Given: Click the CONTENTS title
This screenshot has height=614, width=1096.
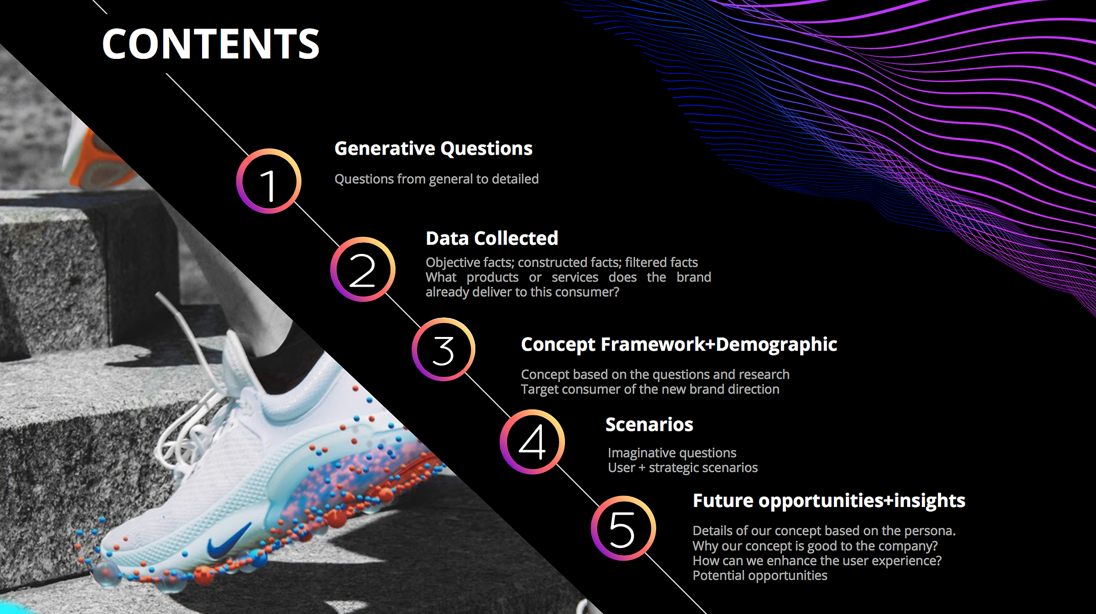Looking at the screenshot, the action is click(210, 44).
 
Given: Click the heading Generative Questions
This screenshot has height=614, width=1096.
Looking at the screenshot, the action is click(433, 149).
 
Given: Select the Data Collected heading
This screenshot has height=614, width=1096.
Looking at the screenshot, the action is click(492, 238).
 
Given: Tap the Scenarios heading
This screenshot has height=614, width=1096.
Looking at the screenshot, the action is click(649, 425).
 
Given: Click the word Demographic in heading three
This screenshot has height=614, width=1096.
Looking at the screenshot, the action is click(776, 345).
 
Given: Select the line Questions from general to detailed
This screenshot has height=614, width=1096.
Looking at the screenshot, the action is click(436, 179).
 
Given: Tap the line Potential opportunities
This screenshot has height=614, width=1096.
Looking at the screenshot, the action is click(760, 576).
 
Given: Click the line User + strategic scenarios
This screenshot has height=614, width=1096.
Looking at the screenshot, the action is click(683, 468).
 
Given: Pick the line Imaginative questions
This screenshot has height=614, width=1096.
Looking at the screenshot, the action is click(672, 453).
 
